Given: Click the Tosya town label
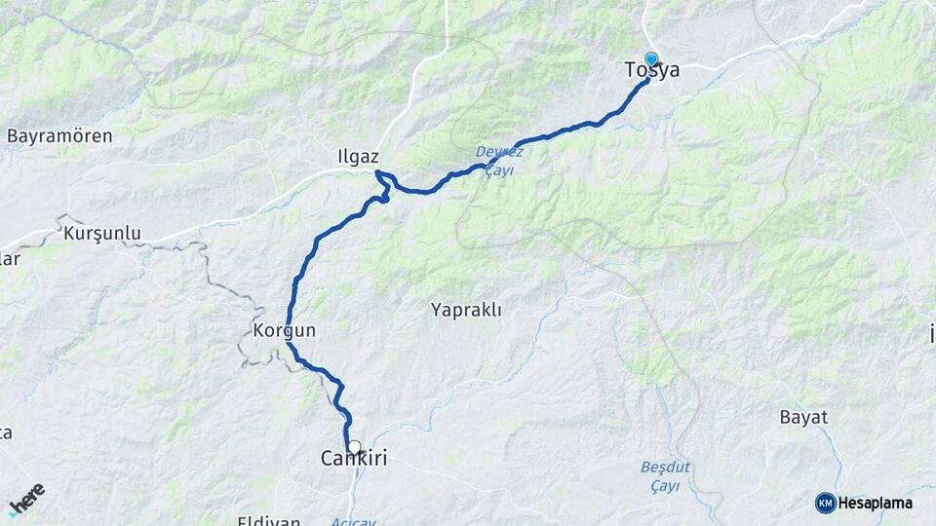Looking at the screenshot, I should click(652, 71).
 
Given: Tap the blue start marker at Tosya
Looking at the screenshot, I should click(651, 59).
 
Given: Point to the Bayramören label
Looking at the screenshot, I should click(59, 136).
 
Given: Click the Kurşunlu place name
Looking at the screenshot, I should click(102, 234).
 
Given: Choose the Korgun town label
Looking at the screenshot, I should click(285, 331).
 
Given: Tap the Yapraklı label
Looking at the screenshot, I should click(466, 311).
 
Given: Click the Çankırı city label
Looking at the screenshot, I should click(354, 458).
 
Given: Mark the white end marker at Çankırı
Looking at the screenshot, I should click(354, 447).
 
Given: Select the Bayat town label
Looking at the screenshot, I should click(803, 417).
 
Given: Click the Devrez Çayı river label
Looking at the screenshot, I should click(499, 161).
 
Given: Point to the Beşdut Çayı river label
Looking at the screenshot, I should click(665, 476).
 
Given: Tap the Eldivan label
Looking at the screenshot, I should click(269, 520).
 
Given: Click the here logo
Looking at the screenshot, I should click(26, 500).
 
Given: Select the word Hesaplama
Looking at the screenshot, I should click(875, 503).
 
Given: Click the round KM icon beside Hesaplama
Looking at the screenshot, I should click(825, 503).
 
